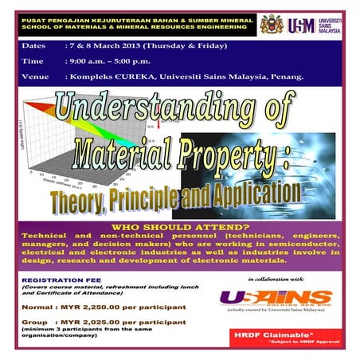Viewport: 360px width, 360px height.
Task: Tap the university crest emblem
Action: point(272,23)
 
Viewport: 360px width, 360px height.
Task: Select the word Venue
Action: point(36,79)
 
